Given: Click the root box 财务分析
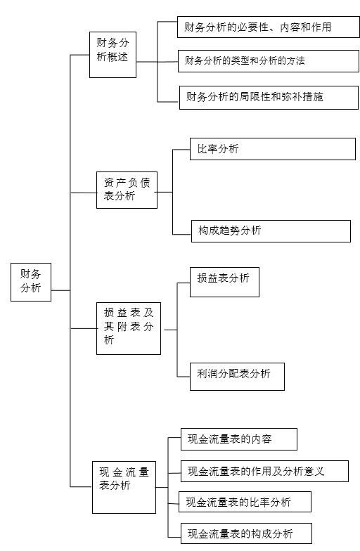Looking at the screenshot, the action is pos(31,282).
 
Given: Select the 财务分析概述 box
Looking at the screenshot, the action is pos(112,55).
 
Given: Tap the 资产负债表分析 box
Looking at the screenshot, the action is pos(127,190).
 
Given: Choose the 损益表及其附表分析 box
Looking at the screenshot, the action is pos(129,328).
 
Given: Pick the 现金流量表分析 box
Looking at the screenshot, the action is pos(124,487).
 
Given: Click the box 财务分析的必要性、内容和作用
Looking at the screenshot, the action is pos(269,27).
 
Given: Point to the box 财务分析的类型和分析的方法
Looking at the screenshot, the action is pos(269,61).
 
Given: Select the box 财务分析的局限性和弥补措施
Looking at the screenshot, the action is pos(269,97).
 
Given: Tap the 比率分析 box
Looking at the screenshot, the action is pos(273,149).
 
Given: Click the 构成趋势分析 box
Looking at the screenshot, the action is pos(271,231).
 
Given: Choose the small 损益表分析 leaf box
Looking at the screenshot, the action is pos(225,283).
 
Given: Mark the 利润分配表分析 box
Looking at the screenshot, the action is pos(238,377).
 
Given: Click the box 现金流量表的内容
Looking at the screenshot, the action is pos(239,439).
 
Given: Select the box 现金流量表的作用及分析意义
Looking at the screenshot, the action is pos(264,471).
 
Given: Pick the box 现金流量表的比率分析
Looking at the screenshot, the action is pos(245,502).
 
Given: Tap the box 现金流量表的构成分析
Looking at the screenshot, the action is pos(246,533).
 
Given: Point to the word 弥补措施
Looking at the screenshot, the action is pos(302,97).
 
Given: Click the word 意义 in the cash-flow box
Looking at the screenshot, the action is pos(314,471).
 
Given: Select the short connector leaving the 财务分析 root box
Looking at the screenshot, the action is pos(60,290).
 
